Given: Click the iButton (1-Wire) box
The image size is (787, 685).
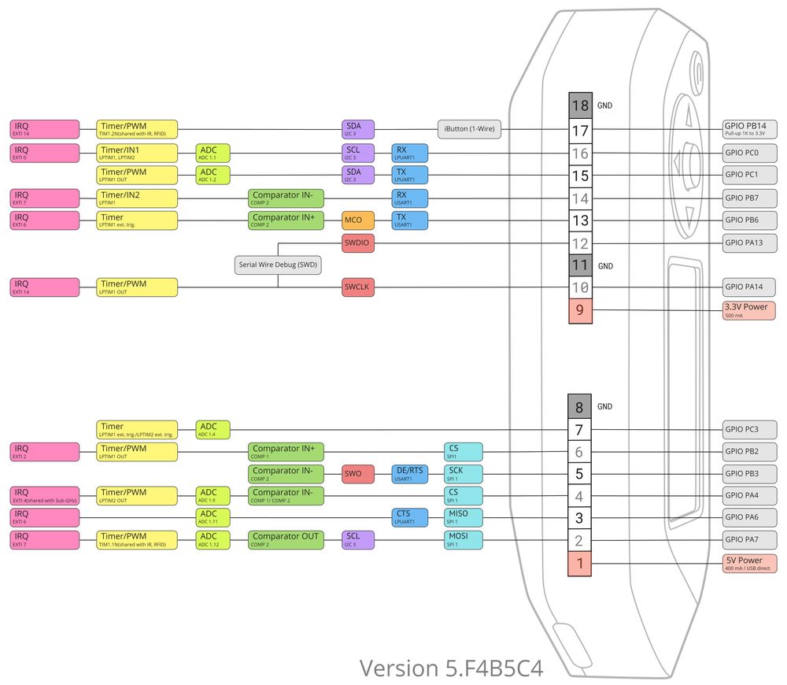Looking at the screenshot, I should (469, 129).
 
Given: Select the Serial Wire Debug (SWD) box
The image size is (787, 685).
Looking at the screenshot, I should (278, 265).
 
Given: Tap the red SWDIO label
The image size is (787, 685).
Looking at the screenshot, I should (358, 244).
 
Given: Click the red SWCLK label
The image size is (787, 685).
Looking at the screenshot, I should (358, 288).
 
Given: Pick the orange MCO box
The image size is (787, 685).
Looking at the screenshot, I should (358, 220).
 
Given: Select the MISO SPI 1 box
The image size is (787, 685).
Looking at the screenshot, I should (463, 517).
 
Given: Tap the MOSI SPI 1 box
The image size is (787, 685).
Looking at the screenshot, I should (463, 539).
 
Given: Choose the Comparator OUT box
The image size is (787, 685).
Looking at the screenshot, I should (286, 539).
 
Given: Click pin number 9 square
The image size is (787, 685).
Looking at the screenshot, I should (580, 310).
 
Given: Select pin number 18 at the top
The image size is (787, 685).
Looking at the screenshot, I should (580, 105).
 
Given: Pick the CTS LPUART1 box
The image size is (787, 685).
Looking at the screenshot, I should (409, 517).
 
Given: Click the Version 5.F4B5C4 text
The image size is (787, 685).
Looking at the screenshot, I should (451, 668).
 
